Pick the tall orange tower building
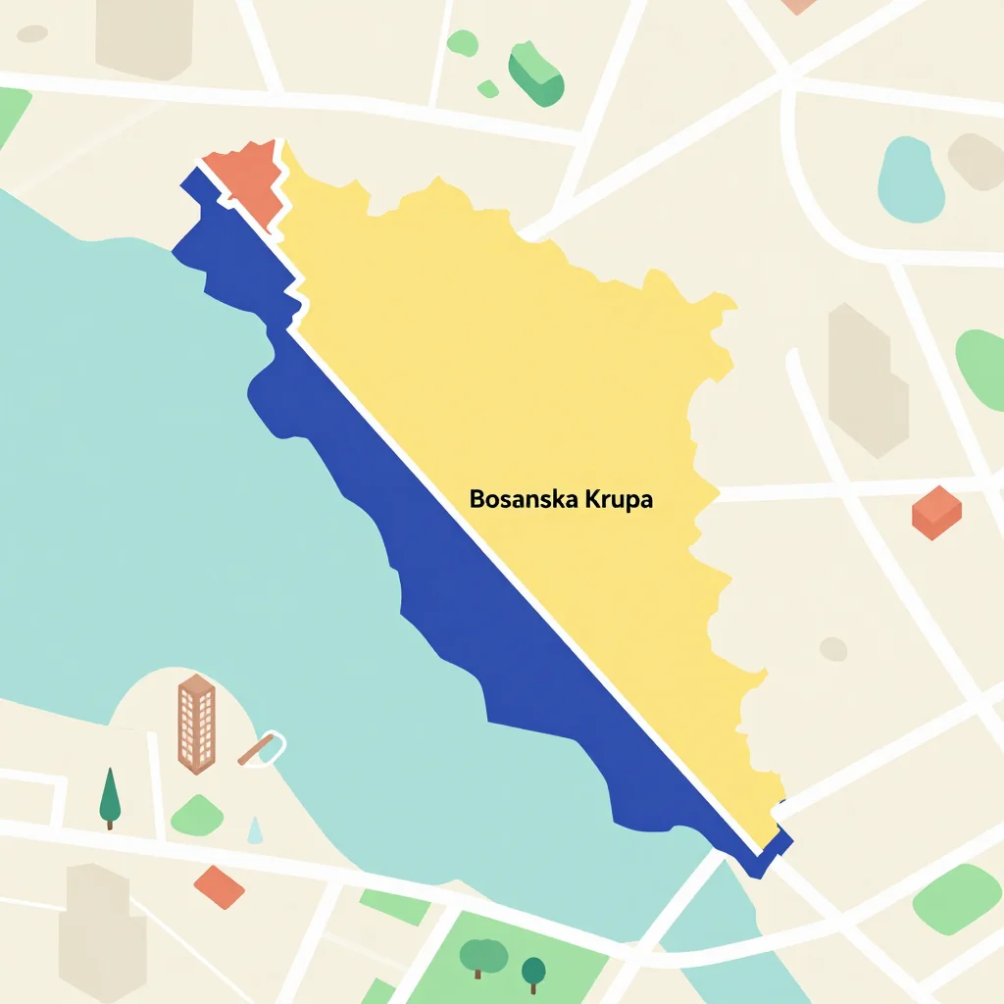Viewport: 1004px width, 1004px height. click(196, 723)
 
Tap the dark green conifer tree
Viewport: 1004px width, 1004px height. click(110, 796)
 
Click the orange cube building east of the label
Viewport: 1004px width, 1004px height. click(936, 512)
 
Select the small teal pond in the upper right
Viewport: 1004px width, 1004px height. click(910, 179)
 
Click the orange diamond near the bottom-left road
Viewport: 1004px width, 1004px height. click(220, 886)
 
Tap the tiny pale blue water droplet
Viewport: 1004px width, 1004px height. click(256, 830)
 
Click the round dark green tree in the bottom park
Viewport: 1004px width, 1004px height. click(533, 971)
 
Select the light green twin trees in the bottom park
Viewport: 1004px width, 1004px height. click(483, 953)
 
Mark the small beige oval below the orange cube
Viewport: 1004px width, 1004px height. click(833, 648)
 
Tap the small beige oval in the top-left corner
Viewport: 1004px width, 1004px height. click(32, 33)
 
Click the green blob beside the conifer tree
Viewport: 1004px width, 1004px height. click(197, 815)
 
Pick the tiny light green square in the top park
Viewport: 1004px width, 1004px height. click(488, 89)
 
